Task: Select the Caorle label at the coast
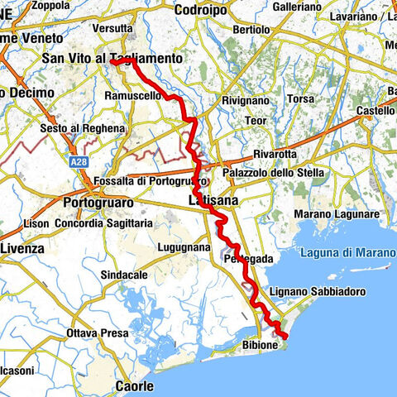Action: (x=134, y=386)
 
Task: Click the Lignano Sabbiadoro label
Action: (x=318, y=293)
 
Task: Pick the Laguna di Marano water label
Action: (x=347, y=252)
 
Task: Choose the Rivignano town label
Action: (x=246, y=100)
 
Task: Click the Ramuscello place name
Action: (x=132, y=96)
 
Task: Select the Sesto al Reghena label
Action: (x=83, y=129)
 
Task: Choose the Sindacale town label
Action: (x=124, y=274)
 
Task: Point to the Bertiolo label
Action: (x=251, y=30)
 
